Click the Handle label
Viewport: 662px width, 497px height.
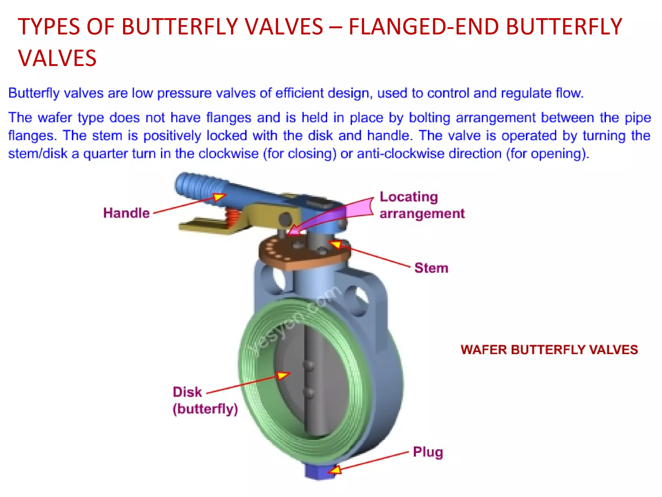(126, 213)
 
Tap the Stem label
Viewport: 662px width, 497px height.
(431, 268)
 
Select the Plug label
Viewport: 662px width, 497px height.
(428, 452)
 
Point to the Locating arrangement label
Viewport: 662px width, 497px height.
(422, 205)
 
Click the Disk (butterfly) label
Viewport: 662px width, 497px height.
(205, 400)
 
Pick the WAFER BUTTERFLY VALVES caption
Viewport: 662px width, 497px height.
(549, 350)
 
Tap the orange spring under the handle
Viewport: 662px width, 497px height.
(232, 217)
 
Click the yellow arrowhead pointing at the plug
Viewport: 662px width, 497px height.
(335, 469)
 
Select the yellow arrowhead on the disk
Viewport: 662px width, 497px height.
(283, 375)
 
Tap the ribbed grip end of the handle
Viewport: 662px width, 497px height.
(197, 186)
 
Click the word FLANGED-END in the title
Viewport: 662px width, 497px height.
(424, 27)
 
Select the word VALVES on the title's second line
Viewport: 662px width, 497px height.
(57, 58)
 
